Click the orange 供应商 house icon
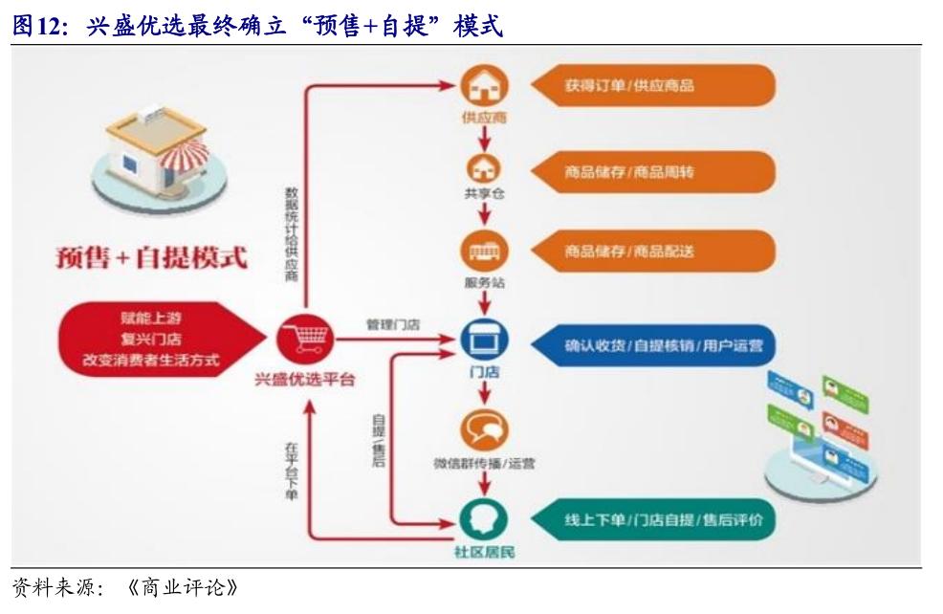(x=484, y=88)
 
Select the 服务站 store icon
(x=486, y=252)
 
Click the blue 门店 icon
(x=484, y=340)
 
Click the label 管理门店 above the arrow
(x=392, y=325)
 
